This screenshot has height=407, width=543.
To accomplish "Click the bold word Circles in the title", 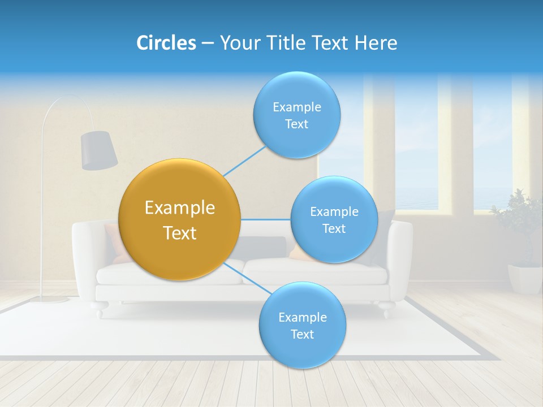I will click(x=166, y=43).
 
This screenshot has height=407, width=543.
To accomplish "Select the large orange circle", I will click(x=180, y=219).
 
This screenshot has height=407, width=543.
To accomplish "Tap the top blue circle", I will click(x=296, y=115).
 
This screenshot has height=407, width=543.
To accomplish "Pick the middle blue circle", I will click(x=334, y=219).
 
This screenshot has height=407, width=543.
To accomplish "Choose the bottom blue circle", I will click(x=302, y=325).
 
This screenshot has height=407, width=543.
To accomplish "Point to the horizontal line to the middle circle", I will click(x=265, y=219).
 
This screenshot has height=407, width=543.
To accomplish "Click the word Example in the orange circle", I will click(x=180, y=207).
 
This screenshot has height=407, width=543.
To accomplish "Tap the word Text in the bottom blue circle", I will click(x=302, y=334).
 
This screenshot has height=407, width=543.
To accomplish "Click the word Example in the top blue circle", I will click(x=296, y=107).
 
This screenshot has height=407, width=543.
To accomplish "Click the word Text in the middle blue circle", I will click(x=334, y=228).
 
